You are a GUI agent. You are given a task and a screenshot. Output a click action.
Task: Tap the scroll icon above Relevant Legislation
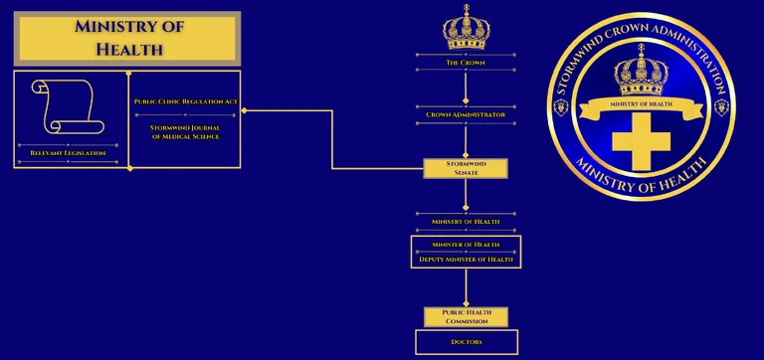(63, 107)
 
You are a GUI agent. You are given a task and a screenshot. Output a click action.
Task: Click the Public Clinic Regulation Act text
(185, 101)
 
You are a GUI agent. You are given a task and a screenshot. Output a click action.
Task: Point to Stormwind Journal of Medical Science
(185, 131)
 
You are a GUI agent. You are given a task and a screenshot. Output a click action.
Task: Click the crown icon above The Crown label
(465, 27)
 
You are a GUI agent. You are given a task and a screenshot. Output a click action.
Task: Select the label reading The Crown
(466, 63)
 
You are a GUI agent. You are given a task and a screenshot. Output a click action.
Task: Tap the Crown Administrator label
(466, 114)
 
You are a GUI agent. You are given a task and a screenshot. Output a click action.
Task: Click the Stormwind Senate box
(466, 168)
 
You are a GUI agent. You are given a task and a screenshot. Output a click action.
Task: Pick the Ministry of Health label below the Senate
(466, 221)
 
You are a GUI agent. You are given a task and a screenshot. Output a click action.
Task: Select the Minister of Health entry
(466, 244)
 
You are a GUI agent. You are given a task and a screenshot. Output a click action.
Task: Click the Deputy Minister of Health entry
(466, 259)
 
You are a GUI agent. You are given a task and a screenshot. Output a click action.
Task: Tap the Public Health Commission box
(466, 316)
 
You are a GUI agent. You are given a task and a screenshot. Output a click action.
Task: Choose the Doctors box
(466, 342)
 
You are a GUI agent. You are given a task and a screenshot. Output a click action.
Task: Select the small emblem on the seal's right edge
(722, 106)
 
